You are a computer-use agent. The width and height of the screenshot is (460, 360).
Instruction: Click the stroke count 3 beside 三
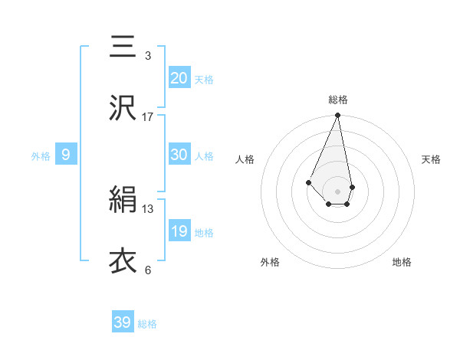pos(148,56)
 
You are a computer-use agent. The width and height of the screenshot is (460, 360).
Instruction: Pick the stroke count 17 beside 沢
pos(148,117)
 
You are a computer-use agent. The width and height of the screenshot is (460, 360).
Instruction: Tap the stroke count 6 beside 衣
pos(148,270)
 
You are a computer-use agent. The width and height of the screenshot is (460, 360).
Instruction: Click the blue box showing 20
pos(179,77)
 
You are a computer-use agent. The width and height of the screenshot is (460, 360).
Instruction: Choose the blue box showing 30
pos(179,154)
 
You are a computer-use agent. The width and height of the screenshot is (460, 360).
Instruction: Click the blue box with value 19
pos(179,231)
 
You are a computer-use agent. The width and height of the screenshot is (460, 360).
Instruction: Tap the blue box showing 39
pos(123,322)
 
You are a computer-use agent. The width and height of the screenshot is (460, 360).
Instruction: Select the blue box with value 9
pos(66,155)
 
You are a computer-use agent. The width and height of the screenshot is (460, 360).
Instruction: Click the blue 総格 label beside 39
pos(147,324)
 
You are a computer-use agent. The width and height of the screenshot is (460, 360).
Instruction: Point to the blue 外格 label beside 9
pos(41,156)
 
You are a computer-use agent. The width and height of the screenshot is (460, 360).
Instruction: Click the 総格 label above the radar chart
pos(338,100)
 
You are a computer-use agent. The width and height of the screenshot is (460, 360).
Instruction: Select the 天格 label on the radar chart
pos(431,159)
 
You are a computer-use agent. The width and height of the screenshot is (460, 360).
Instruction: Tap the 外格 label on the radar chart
pos(270,262)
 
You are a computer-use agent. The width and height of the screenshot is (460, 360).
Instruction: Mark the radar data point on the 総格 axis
pos(338,116)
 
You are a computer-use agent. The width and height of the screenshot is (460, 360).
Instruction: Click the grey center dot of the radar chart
pos(338,191)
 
